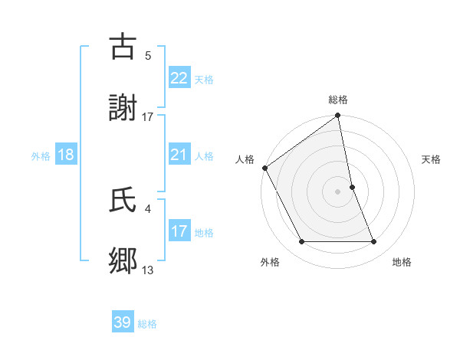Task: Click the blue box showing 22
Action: (x=179, y=77)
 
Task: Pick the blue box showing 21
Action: (x=179, y=155)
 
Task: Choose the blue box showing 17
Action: (x=179, y=231)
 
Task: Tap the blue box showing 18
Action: (x=66, y=155)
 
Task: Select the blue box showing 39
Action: (x=123, y=322)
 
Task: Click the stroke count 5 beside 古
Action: (x=148, y=55)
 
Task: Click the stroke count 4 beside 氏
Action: (x=148, y=208)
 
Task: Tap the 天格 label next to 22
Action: (x=204, y=79)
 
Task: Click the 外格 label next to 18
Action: (x=41, y=156)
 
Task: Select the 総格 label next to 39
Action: (x=147, y=324)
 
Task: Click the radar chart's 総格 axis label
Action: (x=338, y=100)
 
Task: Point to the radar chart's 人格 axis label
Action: (x=245, y=159)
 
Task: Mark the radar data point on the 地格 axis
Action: (x=374, y=242)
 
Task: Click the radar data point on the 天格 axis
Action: (x=352, y=187)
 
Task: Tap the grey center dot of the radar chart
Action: (x=338, y=191)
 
